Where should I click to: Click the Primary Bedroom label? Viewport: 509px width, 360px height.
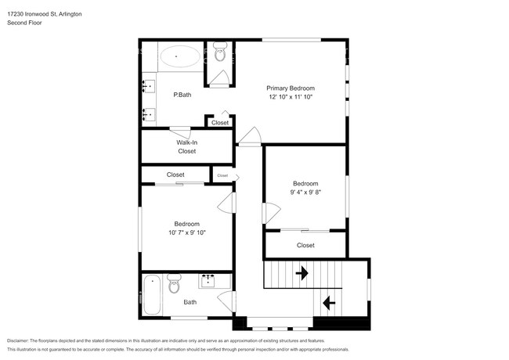pos(291,88)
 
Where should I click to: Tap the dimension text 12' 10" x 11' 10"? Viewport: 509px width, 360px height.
pos(291,97)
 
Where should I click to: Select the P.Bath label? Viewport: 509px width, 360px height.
pos(182,95)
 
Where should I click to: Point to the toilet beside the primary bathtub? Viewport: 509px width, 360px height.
pos(219,55)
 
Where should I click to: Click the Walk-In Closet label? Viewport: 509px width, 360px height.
pos(186,146)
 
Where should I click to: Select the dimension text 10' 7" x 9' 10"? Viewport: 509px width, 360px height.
pos(186,232)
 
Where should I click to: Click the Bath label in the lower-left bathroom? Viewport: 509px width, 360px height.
pos(190,302)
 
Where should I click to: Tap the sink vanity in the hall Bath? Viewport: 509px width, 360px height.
pos(210,280)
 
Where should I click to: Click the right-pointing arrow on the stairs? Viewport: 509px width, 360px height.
pos(302,273)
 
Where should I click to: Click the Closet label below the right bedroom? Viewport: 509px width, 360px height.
pos(305,245)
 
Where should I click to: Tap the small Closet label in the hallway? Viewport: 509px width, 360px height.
pos(222,175)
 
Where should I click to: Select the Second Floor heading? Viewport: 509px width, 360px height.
pos(24,23)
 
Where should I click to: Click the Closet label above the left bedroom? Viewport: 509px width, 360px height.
pos(175,175)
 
